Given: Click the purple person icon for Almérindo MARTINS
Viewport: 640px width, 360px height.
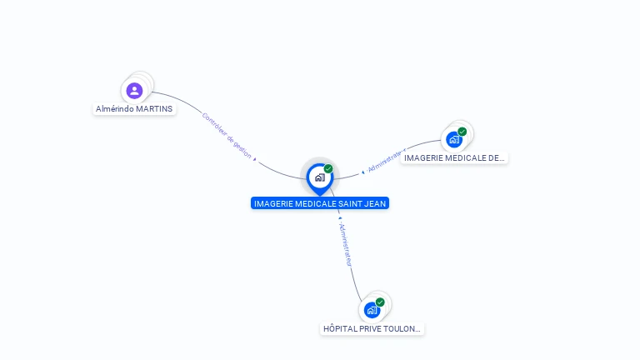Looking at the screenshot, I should (x=134, y=90).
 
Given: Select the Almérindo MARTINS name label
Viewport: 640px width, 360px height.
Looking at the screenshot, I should (x=134, y=108).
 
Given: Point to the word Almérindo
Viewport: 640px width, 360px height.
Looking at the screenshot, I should (x=115, y=108).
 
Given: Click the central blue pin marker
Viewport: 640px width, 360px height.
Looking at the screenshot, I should (x=319, y=177).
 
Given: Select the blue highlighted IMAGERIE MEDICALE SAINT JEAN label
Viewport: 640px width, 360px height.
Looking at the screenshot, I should (x=320, y=203).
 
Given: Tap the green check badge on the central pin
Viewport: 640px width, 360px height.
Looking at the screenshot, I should (x=328, y=169).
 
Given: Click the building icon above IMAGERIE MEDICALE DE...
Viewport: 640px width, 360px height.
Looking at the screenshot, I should (x=454, y=139).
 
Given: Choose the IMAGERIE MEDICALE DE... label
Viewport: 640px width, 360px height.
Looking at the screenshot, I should (x=454, y=157).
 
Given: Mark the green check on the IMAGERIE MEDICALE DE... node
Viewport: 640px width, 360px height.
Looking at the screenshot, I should (x=462, y=132).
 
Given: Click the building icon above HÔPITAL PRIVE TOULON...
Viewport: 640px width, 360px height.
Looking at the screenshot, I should (x=372, y=310).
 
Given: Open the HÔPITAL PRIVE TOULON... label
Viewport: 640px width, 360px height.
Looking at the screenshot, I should (x=372, y=329).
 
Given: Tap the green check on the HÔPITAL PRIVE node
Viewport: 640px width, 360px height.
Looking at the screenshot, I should (x=380, y=302).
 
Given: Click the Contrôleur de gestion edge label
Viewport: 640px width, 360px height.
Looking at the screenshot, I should (x=226, y=135).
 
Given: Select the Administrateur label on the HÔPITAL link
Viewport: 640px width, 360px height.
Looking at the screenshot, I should (x=346, y=243).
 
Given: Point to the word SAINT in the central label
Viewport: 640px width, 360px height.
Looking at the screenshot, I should (x=349, y=203).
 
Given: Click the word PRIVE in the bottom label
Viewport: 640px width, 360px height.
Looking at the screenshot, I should (x=369, y=329).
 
